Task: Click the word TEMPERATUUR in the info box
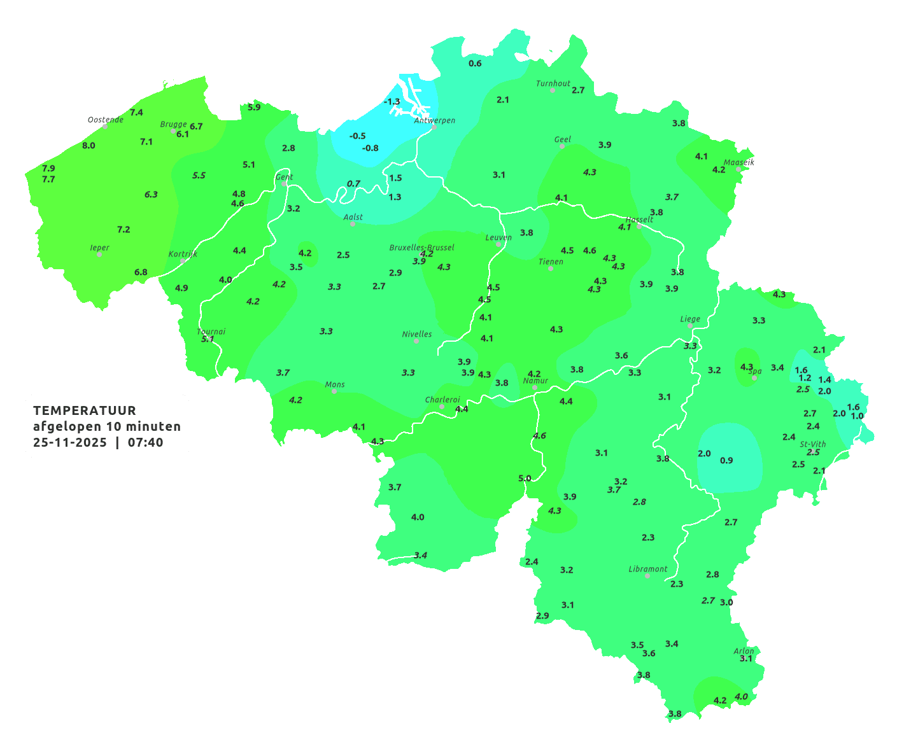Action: pyautogui.click(x=85, y=410)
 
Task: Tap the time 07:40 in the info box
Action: pyautogui.click(x=145, y=442)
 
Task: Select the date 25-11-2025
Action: pyautogui.click(x=70, y=442)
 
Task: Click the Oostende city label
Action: pyautogui.click(x=105, y=120)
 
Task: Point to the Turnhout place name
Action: pyautogui.click(x=553, y=83)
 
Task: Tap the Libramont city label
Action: pyautogui.click(x=647, y=569)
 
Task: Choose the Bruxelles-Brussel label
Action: pyautogui.click(x=421, y=247)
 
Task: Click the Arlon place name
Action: pyautogui.click(x=744, y=651)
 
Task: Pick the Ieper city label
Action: pyautogui.click(x=100, y=248)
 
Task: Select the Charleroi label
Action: pyautogui.click(x=442, y=400)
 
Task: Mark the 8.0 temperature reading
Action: pyautogui.click(x=88, y=145)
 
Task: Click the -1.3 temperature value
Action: pyautogui.click(x=392, y=101)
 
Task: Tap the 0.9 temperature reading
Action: pyautogui.click(x=726, y=460)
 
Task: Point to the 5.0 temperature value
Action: pyautogui.click(x=525, y=478)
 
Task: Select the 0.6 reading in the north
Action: pyautogui.click(x=475, y=63)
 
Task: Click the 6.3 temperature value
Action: pyautogui.click(x=151, y=194)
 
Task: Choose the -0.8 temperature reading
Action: pyautogui.click(x=370, y=148)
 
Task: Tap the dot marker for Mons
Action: pyautogui.click(x=334, y=391)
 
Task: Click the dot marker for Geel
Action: pyautogui.click(x=562, y=146)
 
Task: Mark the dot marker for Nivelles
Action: pyautogui.click(x=416, y=341)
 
